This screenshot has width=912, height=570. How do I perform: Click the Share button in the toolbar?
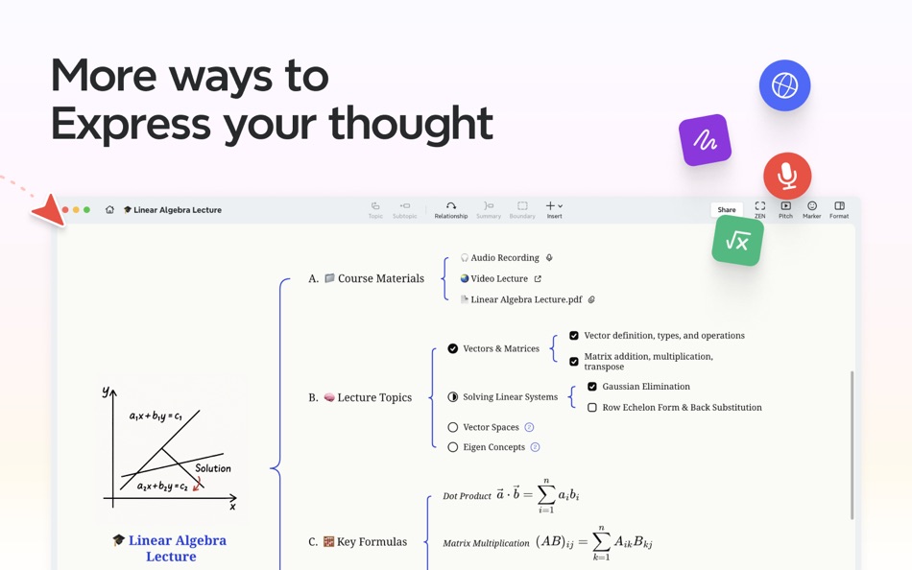(727, 209)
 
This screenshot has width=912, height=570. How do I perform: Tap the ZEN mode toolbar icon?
(759, 209)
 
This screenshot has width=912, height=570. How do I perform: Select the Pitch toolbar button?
(785, 209)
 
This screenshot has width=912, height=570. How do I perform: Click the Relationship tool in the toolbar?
(450, 209)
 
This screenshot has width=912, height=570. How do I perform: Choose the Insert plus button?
(554, 209)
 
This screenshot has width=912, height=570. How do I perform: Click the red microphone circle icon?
(787, 176)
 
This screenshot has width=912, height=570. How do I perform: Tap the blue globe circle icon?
(784, 85)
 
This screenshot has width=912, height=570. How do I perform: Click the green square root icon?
(737, 241)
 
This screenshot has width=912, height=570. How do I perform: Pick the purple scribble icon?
(705, 141)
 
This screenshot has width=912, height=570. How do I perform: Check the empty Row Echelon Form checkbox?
(592, 408)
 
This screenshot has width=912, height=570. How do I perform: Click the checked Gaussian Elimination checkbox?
(592, 387)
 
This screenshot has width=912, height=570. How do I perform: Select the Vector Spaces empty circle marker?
(453, 427)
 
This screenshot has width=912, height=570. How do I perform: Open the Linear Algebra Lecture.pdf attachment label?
(526, 299)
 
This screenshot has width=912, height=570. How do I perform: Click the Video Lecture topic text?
(499, 278)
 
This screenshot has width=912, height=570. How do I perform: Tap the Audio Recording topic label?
(505, 258)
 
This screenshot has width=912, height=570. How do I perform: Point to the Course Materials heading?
(380, 278)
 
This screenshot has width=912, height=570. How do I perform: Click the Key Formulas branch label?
(372, 542)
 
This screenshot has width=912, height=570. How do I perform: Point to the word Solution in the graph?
(212, 468)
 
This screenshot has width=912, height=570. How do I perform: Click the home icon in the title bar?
(109, 209)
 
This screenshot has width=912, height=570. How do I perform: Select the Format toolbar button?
(839, 209)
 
